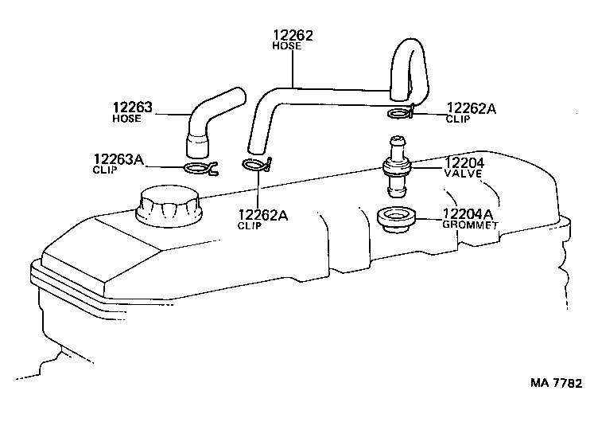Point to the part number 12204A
click(467, 213)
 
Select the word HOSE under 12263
click(127, 119)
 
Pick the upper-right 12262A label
click(472, 109)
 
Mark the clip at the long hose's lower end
click(257, 165)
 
